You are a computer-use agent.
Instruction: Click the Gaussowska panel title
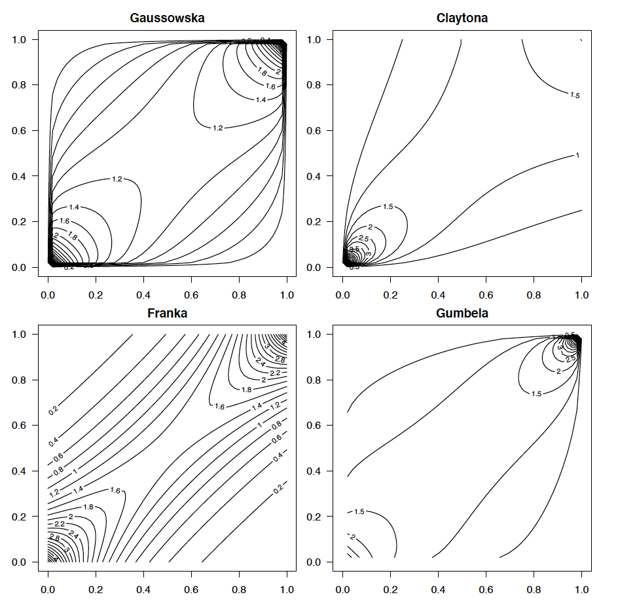pos(167,18)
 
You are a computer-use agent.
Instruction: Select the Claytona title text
pos(462,18)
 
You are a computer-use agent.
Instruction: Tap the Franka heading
pos(167,313)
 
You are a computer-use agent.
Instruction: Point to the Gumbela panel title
pos(462,313)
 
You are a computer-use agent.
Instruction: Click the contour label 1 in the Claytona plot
pos(577,155)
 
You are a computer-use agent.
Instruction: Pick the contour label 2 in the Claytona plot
pos(371,227)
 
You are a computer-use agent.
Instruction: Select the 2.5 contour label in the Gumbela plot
pos(571,358)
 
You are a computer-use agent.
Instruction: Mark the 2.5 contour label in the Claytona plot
pos(363,238)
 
